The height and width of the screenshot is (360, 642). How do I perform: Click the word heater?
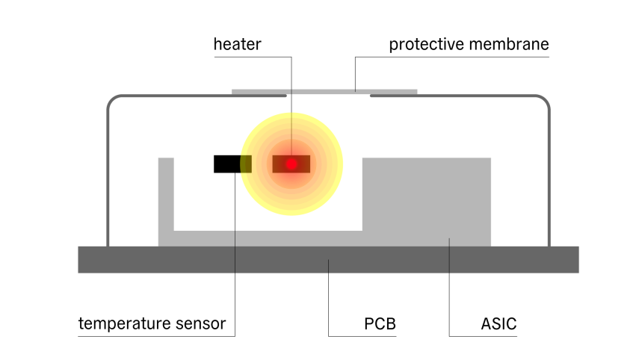(x=238, y=44)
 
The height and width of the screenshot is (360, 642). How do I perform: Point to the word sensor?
(x=200, y=324)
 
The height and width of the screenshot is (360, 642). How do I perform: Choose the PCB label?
(x=380, y=323)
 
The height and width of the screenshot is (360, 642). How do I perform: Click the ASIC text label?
(x=499, y=323)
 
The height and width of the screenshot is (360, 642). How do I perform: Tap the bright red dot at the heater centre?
(x=291, y=164)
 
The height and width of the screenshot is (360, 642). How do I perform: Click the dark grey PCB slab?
(x=328, y=260)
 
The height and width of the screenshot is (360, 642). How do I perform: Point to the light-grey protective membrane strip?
(x=324, y=92)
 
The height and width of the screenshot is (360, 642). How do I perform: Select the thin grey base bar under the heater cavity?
(x=268, y=238)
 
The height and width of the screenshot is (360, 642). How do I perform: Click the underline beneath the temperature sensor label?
(x=156, y=336)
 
